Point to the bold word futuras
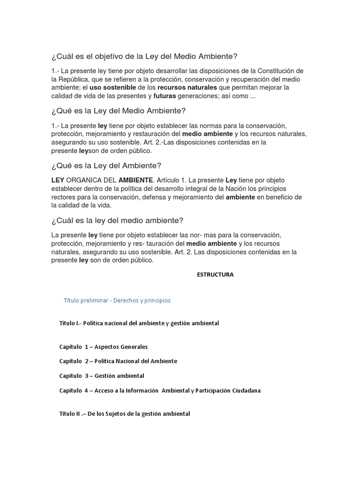(167, 96)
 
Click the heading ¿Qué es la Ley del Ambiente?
(106, 165)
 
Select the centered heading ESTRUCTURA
(215, 275)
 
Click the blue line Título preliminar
(117, 300)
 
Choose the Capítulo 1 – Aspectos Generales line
(104, 347)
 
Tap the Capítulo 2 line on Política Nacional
(118, 361)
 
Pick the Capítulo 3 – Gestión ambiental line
(102, 376)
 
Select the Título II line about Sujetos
(125, 414)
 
